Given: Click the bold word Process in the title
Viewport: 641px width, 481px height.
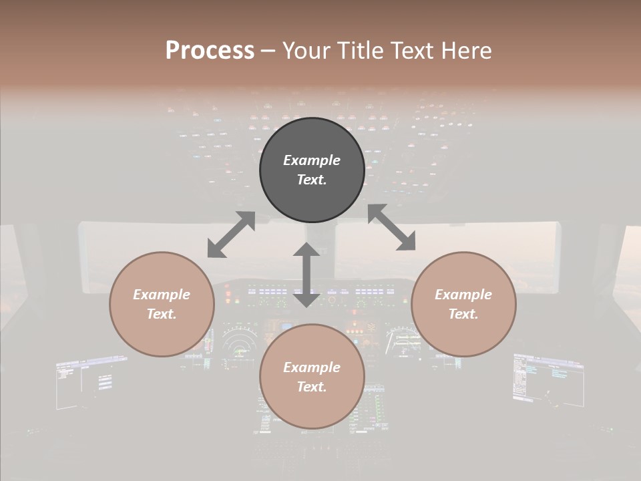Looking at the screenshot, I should (210, 50).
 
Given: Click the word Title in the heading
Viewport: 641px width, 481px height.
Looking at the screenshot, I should (361, 50).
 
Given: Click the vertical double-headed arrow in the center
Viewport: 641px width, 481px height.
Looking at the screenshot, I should (306, 275).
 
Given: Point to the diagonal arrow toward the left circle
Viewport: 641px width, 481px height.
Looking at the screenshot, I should (231, 234).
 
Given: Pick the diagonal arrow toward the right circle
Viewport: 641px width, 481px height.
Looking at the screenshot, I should (392, 227).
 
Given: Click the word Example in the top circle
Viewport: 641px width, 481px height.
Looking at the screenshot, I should (312, 160).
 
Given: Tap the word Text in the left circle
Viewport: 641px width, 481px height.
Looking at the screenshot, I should (162, 314).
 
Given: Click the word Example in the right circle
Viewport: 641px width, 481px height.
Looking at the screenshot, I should (463, 295).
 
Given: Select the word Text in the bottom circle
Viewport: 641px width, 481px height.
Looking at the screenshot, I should (312, 387).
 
